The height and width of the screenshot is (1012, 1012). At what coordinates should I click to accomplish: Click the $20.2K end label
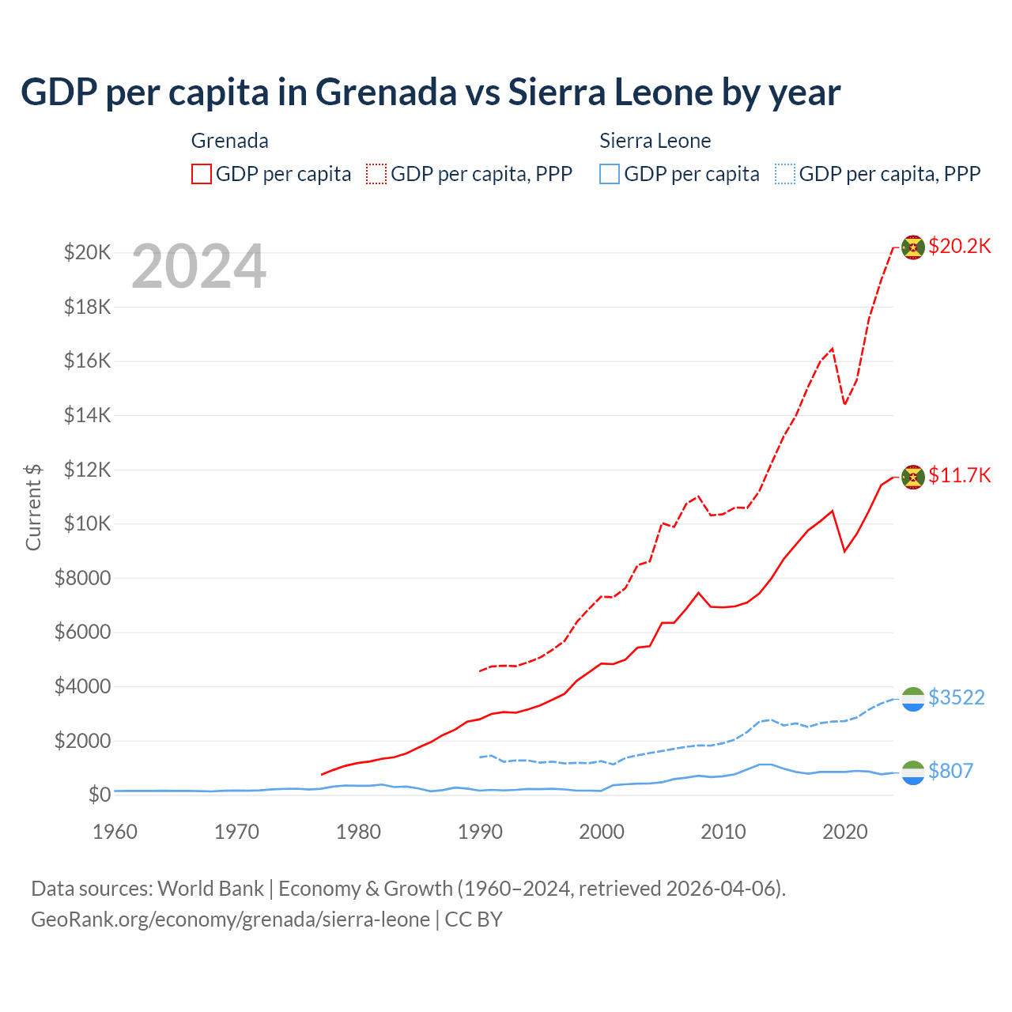point(959,246)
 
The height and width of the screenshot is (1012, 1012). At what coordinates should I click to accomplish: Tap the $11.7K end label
point(959,475)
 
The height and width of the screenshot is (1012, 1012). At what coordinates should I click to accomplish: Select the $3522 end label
point(956,697)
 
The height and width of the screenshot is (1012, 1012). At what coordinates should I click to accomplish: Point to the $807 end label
point(950,771)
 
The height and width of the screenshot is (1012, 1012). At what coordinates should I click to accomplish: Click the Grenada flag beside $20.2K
point(913,247)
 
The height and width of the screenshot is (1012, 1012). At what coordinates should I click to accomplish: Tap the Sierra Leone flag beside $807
point(913,772)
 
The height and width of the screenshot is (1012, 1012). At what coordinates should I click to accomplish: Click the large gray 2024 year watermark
point(199,267)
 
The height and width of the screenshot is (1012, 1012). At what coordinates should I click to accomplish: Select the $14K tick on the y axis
point(87,415)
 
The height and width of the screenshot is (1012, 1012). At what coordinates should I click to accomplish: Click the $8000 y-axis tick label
point(82,578)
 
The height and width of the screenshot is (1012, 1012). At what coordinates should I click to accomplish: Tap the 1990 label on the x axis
point(480,832)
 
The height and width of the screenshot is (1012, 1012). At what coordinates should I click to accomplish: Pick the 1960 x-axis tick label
point(115,832)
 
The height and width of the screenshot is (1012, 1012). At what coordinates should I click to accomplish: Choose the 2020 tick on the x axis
point(845,832)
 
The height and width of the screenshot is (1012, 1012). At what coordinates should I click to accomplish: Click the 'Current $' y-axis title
point(33,507)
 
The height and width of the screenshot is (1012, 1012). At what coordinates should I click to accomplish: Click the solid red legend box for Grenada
point(202,174)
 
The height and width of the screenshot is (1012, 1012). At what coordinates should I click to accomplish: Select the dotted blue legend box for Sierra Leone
point(785,174)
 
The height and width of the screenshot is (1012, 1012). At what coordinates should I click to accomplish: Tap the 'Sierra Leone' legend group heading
point(655,141)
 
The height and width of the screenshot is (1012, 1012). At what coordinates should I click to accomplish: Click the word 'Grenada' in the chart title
point(386,93)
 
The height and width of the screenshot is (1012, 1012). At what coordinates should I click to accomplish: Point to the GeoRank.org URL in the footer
point(230,919)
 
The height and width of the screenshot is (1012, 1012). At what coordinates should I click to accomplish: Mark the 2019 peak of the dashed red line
point(833,348)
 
